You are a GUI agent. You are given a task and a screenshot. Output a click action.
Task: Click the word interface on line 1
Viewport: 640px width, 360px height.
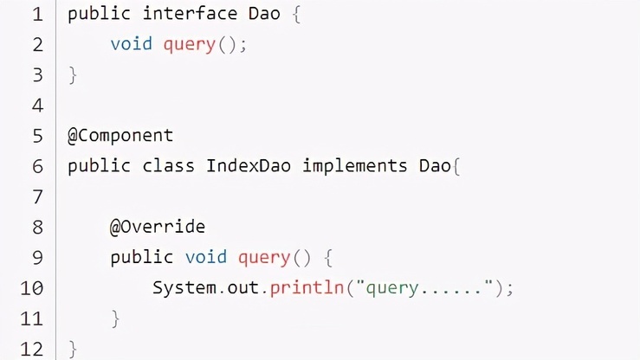pyautogui.click(x=190, y=14)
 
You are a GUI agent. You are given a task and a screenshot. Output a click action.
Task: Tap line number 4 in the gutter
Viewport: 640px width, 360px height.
pyautogui.click(x=37, y=106)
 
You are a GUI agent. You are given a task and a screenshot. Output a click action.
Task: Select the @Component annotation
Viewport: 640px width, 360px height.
pyautogui.click(x=120, y=135)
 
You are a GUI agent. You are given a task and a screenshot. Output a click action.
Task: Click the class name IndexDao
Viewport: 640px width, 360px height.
pyautogui.click(x=249, y=166)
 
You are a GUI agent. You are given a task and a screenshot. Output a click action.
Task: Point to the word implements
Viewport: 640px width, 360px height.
pyautogui.click(x=355, y=167)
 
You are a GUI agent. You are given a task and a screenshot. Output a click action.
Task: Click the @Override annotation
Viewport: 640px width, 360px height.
pyautogui.click(x=158, y=227)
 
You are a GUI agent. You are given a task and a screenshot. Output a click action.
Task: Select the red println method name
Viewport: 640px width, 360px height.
pyautogui.click(x=307, y=288)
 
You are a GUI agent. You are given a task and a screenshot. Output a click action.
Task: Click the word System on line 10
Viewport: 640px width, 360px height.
pyautogui.click(x=184, y=288)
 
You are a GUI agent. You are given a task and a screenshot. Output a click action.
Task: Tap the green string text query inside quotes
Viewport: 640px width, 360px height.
pyautogui.click(x=391, y=289)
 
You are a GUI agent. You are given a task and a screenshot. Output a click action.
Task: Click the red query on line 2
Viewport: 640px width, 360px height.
pyautogui.click(x=190, y=45)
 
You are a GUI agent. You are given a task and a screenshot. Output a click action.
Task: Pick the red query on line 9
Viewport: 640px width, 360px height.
pyautogui.click(x=264, y=258)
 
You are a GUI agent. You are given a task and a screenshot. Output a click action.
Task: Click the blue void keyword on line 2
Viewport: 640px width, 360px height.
pyautogui.click(x=131, y=43)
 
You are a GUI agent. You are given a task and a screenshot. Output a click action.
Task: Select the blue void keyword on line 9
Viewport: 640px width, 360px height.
pyautogui.click(x=206, y=257)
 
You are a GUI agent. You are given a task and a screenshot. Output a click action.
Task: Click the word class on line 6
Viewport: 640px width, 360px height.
pyautogui.click(x=168, y=166)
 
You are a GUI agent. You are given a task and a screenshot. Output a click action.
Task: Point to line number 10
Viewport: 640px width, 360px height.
pyautogui.click(x=31, y=288)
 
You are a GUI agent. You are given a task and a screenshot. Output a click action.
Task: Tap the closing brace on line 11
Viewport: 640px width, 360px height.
pyautogui.click(x=115, y=318)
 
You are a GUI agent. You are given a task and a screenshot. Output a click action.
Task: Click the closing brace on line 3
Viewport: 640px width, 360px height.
pyautogui.click(x=73, y=75)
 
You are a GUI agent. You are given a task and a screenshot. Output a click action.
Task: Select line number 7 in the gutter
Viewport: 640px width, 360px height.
pyautogui.click(x=37, y=197)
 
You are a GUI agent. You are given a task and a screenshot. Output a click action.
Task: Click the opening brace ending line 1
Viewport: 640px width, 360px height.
pyautogui.click(x=297, y=14)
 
